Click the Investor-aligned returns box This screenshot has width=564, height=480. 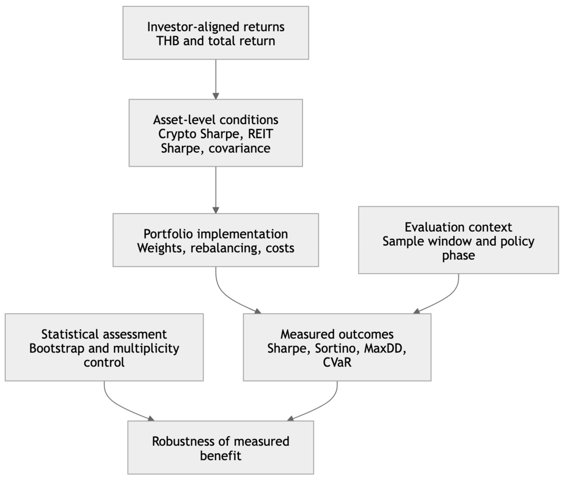[216, 33]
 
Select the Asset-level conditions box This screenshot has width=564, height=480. [216, 133]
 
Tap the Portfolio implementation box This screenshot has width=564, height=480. [216, 240]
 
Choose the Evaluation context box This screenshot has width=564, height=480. [458, 240]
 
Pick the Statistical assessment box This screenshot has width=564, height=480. [104, 347]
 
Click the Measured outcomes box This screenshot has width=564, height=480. [337, 347]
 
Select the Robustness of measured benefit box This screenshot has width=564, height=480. [220, 448]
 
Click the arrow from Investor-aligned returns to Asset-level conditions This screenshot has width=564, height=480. [216, 79]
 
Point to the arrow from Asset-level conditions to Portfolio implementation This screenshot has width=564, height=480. [216, 190]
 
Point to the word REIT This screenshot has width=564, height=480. [260, 134]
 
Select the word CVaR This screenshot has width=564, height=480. [337, 362]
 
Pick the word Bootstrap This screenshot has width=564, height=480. [57, 349]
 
